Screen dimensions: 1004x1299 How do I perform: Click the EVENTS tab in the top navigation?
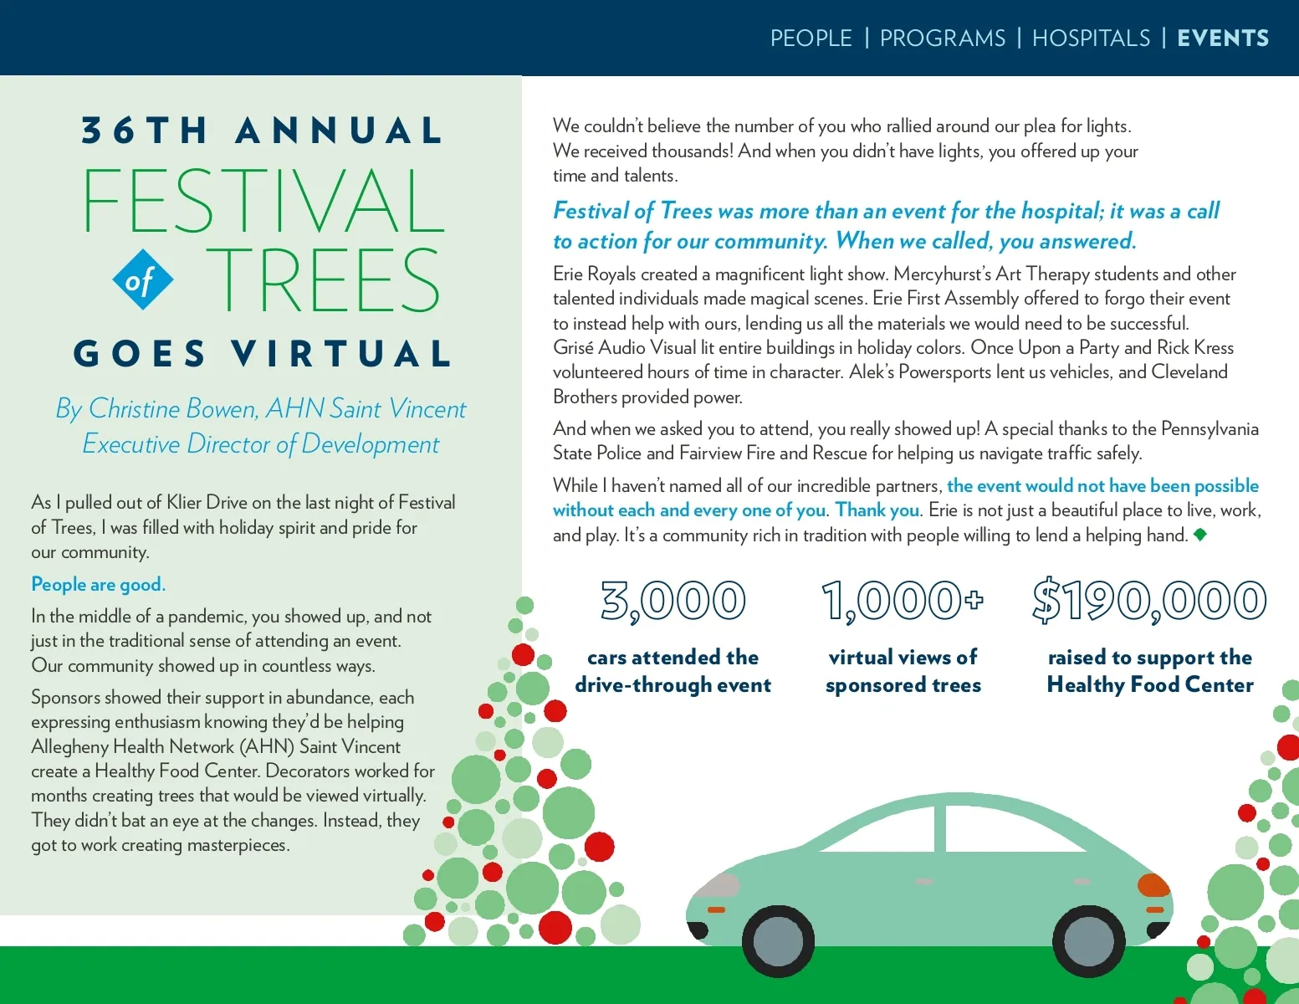1222,38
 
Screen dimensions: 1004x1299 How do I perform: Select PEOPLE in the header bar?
811,38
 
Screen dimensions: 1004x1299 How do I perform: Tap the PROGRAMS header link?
942,38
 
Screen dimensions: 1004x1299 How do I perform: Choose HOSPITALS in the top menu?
1091,38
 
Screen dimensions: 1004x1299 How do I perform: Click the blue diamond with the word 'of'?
142,280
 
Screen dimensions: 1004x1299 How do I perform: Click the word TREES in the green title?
323,280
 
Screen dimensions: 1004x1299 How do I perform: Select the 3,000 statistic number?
673,601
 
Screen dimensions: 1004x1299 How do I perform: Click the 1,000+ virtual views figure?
903,601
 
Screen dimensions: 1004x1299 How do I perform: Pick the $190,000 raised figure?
1149,601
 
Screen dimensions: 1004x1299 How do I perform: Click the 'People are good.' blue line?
98,584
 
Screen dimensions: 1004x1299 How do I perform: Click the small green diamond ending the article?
1200,535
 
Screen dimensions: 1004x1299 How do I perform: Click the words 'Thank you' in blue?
877,510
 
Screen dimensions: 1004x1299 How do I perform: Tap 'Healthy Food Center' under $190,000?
1149,685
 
